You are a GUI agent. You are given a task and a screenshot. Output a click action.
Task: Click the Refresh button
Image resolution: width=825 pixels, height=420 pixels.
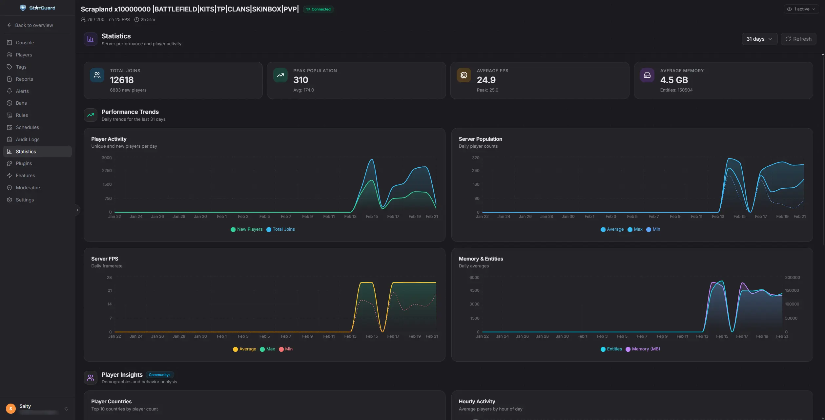click(x=798, y=39)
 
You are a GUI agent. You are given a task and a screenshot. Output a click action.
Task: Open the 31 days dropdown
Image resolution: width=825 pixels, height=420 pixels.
click(x=759, y=39)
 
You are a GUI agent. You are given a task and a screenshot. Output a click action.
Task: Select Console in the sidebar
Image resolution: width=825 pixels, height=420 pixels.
click(x=25, y=43)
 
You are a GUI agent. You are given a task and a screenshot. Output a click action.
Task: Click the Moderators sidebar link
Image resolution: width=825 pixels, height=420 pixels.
click(x=29, y=188)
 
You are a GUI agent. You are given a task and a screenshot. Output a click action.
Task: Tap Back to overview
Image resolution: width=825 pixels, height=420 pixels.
click(x=34, y=25)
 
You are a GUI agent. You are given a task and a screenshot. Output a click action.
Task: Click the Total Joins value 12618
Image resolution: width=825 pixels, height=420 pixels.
click(x=122, y=80)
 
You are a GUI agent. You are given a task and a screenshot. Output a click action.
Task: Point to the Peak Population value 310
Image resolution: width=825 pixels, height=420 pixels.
click(x=300, y=80)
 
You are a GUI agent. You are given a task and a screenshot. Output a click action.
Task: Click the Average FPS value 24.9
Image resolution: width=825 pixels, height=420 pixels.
click(x=486, y=80)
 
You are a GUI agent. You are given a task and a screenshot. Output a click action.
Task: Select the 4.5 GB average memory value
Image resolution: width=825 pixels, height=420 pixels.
click(x=674, y=80)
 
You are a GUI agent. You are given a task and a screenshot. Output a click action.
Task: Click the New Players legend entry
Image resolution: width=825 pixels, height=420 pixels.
click(x=247, y=229)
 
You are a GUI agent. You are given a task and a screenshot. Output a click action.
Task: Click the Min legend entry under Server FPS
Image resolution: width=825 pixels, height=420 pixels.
click(x=286, y=349)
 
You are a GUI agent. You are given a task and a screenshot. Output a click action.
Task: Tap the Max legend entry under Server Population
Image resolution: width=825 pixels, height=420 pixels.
click(x=635, y=229)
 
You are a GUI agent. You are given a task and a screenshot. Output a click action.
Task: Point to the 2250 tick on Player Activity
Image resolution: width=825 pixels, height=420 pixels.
click(x=107, y=171)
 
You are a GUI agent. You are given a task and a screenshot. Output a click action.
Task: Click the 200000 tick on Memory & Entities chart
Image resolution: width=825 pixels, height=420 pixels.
click(x=792, y=278)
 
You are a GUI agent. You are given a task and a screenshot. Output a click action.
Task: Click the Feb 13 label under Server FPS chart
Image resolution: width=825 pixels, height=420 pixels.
click(x=350, y=336)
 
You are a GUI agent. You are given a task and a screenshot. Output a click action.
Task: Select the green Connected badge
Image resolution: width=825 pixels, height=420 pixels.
click(x=318, y=9)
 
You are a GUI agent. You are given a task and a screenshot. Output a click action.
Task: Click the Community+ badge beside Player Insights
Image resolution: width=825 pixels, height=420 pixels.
click(x=159, y=375)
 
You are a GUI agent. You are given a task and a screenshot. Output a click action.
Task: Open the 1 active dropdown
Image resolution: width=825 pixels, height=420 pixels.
click(x=801, y=9)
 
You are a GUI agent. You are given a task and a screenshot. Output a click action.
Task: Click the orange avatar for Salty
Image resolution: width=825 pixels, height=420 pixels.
click(x=11, y=409)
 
